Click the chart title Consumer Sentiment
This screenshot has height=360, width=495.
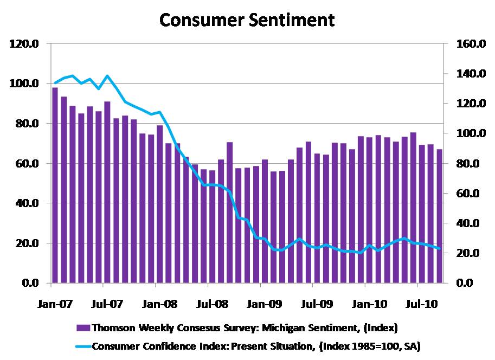247,20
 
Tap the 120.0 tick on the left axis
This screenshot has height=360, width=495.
25,44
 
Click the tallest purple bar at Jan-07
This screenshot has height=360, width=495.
55,185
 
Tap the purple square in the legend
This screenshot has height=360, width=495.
83,327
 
